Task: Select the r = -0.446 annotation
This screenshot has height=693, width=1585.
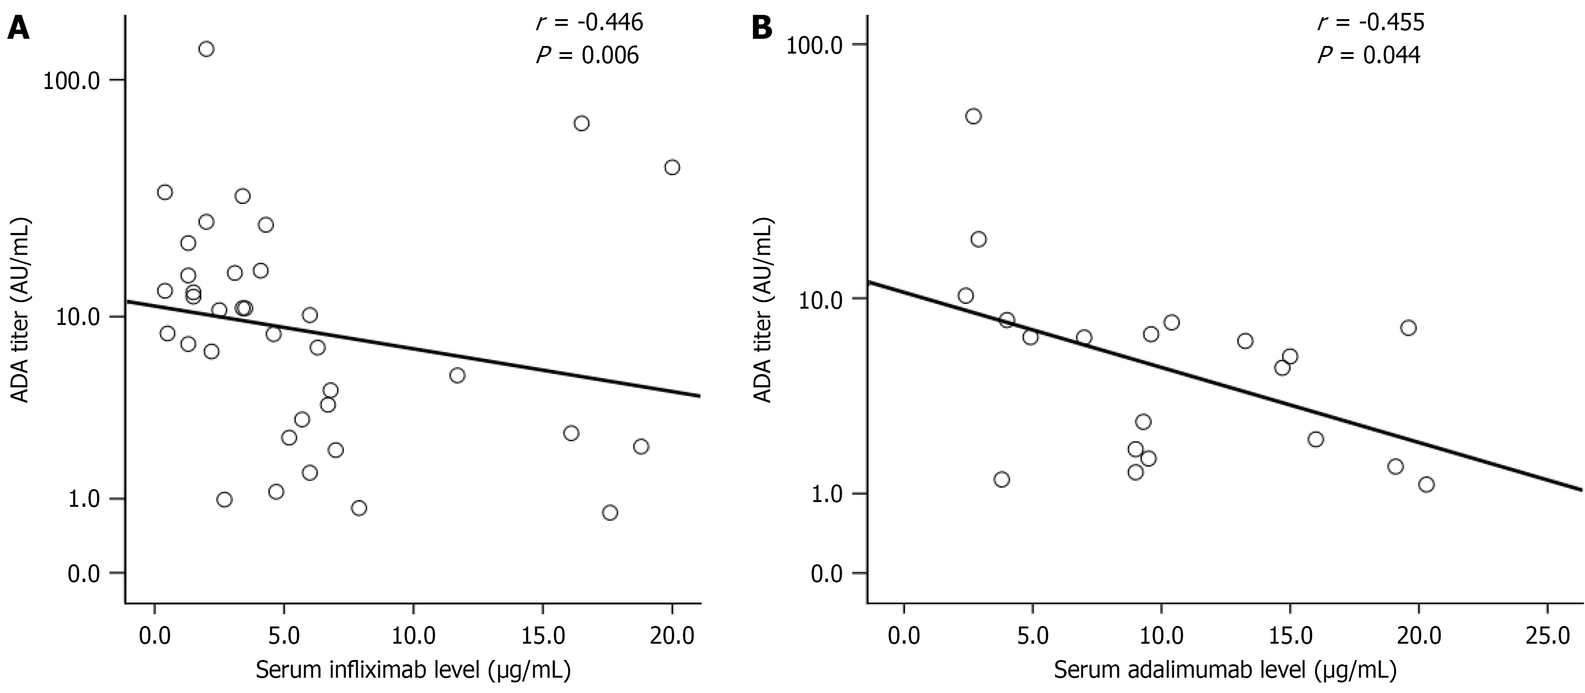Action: pyautogui.click(x=589, y=23)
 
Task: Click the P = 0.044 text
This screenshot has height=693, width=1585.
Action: pyautogui.click(x=1368, y=56)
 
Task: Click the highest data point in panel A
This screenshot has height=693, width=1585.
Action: pyautogui.click(x=206, y=49)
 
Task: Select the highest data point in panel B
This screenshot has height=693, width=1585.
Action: pyautogui.click(x=973, y=116)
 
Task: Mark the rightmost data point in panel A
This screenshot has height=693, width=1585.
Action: pyautogui.click(x=672, y=168)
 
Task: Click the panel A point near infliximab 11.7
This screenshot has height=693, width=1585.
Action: pyautogui.click(x=457, y=375)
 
